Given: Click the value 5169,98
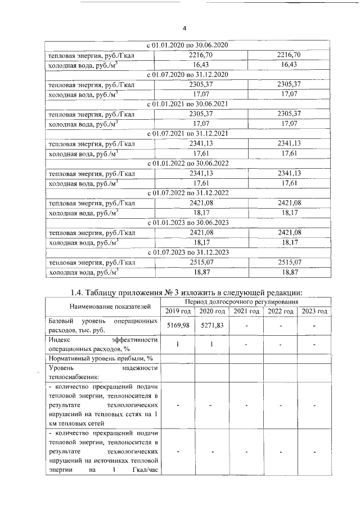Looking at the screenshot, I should (x=178, y=325).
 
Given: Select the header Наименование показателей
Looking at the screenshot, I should (x=102, y=307).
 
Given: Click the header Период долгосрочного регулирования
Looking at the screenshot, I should (x=246, y=302).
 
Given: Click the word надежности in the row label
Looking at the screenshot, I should (x=139, y=368).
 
